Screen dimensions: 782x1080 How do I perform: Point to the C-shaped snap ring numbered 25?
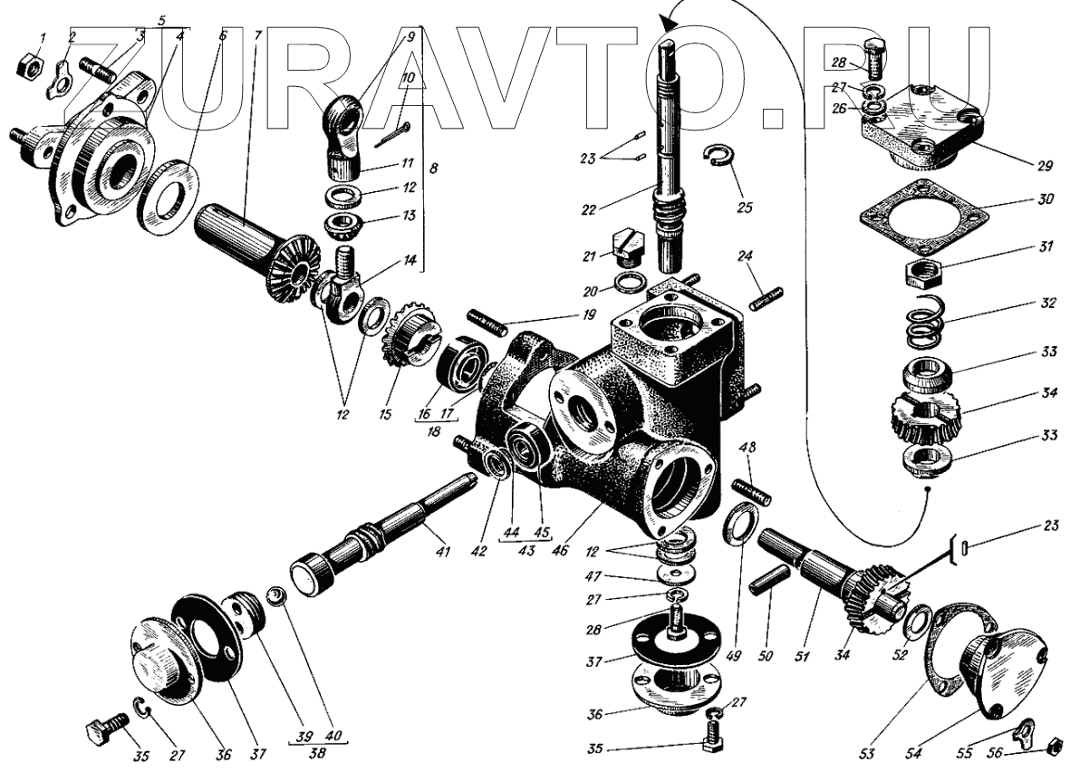tap(721, 156)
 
